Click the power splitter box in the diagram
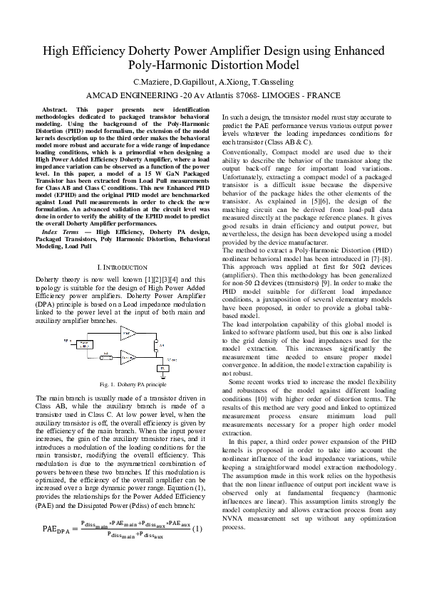[84, 344]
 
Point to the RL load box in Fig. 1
[161, 367]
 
